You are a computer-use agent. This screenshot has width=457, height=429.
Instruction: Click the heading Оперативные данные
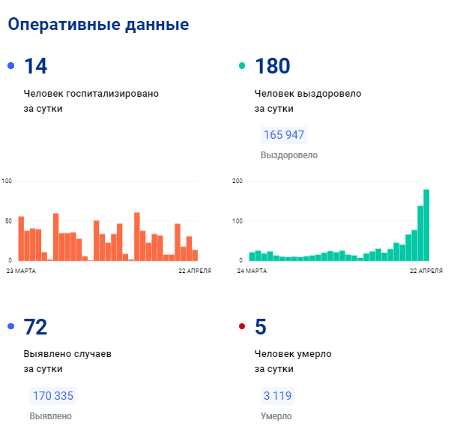click(97, 25)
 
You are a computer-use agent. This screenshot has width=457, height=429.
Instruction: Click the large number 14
click(35, 67)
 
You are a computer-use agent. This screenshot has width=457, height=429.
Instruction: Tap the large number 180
click(273, 67)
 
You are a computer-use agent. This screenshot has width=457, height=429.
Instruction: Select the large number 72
click(35, 328)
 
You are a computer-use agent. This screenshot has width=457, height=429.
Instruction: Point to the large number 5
click(261, 328)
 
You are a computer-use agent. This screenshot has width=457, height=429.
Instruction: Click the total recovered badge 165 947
click(283, 136)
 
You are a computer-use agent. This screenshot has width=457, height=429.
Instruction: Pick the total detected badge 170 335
click(52, 396)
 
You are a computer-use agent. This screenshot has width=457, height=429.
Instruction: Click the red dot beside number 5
click(241, 327)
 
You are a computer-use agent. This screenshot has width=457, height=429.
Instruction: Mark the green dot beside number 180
click(241, 66)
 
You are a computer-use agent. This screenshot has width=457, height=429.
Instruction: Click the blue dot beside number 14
click(10, 66)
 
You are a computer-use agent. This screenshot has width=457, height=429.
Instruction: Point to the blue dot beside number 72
click(10, 327)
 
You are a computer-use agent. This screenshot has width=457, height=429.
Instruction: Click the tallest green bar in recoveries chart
click(426, 224)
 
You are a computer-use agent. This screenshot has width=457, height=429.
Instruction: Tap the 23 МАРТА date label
click(21, 270)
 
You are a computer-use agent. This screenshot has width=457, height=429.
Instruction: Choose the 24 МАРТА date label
click(252, 270)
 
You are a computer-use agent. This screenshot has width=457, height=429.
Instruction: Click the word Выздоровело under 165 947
click(288, 155)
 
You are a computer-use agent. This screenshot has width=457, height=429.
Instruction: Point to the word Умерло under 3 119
click(276, 416)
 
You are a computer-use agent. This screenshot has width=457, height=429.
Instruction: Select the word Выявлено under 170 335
click(51, 416)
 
